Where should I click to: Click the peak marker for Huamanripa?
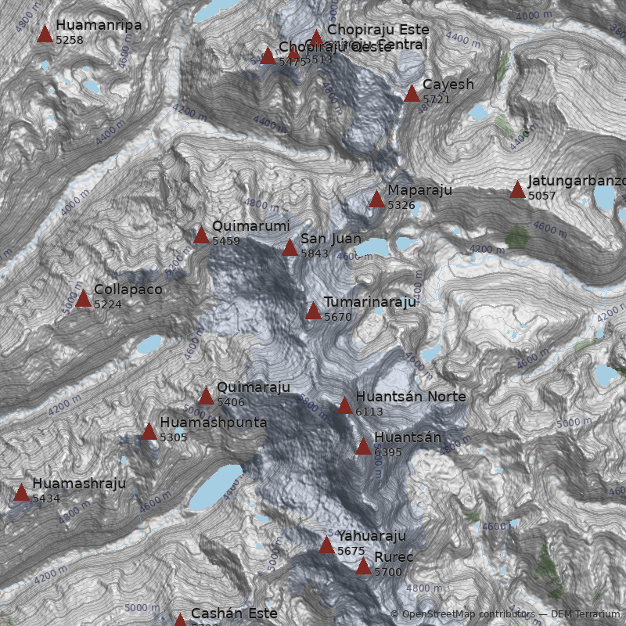45,34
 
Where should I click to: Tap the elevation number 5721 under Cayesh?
437,100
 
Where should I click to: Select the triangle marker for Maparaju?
376,199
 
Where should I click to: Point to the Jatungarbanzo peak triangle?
517,189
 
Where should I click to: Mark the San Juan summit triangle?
290,248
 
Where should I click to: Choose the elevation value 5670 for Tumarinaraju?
338,317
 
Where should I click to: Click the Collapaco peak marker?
84,298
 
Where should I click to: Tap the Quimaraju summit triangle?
206,396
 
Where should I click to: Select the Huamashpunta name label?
214,423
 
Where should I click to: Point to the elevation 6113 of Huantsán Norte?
369,412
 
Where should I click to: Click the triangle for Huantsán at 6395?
363,446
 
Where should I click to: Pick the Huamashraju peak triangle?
21,492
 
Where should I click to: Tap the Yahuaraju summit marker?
326,545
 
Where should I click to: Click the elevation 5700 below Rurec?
388,572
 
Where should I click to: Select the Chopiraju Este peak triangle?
316,38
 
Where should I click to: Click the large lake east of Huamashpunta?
216,487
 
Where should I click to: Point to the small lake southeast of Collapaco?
148,344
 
